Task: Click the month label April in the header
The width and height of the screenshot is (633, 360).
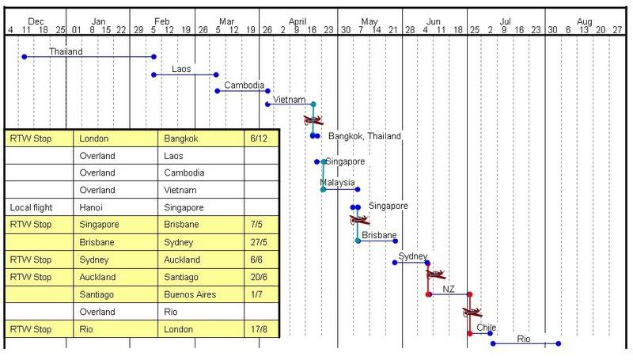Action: click(x=298, y=21)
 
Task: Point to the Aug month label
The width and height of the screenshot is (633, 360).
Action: click(x=585, y=21)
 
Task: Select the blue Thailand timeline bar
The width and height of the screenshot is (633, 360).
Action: click(x=89, y=57)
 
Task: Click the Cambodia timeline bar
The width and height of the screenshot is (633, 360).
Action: click(x=242, y=91)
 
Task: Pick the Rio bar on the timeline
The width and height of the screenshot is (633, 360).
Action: click(x=525, y=343)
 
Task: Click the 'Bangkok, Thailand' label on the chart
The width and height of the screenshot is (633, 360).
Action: click(x=364, y=136)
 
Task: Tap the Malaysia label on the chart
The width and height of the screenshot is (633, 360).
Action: click(x=337, y=182)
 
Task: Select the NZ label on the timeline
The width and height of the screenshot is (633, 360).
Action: click(x=449, y=289)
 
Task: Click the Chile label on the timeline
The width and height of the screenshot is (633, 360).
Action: click(x=486, y=327)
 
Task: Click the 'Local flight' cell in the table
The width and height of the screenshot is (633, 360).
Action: click(x=31, y=207)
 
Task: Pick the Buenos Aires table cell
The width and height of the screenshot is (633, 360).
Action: click(x=190, y=294)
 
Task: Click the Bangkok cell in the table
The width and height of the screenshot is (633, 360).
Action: click(x=181, y=138)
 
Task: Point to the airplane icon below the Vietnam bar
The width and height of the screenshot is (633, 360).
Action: click(x=313, y=121)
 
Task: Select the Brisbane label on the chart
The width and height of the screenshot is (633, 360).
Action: click(x=379, y=235)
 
